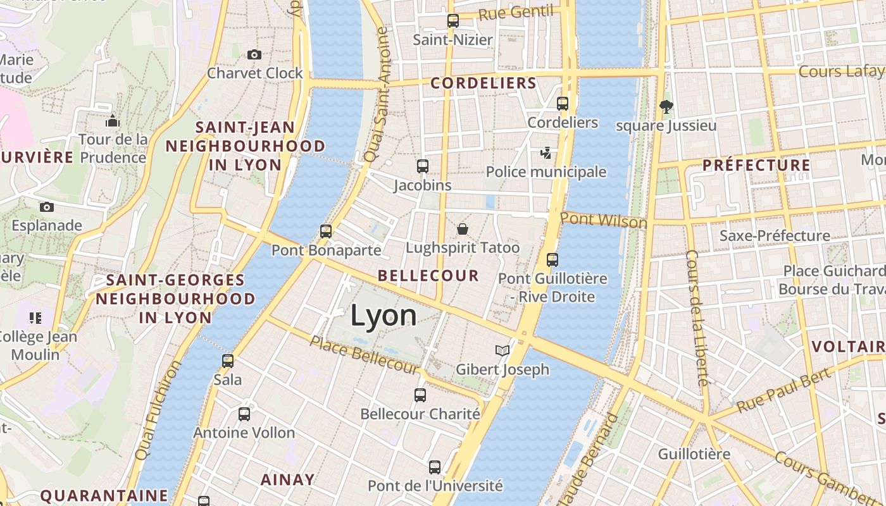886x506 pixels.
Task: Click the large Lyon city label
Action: pyautogui.click(x=384, y=316)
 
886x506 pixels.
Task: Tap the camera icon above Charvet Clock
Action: pyautogui.click(x=254, y=55)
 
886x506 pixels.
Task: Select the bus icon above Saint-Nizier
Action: pyautogui.click(x=452, y=21)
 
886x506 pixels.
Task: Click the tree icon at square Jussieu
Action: pyautogui.click(x=666, y=106)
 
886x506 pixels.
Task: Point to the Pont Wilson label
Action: pyautogui.click(x=603, y=220)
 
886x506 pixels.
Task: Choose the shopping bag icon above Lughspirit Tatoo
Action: pyautogui.click(x=463, y=228)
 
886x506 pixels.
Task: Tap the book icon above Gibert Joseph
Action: pyautogui.click(x=502, y=350)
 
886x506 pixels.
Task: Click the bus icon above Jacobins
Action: pyautogui.click(x=423, y=166)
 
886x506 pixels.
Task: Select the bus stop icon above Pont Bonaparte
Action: pyautogui.click(x=326, y=231)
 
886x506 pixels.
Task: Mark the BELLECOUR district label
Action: pyautogui.click(x=428, y=276)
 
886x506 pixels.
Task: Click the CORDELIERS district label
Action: pyautogui.click(x=484, y=83)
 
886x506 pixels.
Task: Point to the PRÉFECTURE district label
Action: pyautogui.click(x=756, y=166)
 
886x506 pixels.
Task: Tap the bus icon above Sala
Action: pyautogui.click(x=228, y=361)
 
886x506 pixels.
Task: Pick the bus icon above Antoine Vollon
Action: pyautogui.click(x=244, y=414)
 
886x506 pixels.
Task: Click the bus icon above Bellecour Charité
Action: pyautogui.click(x=420, y=395)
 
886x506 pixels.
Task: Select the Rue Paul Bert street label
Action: pyautogui.click(x=775, y=391)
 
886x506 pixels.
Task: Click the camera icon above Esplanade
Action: pyautogui.click(x=46, y=207)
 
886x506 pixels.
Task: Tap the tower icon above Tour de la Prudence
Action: pyautogui.click(x=113, y=121)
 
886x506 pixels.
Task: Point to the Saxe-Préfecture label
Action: pyautogui.click(x=775, y=236)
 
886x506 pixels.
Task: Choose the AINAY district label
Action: pyautogui.click(x=287, y=480)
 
